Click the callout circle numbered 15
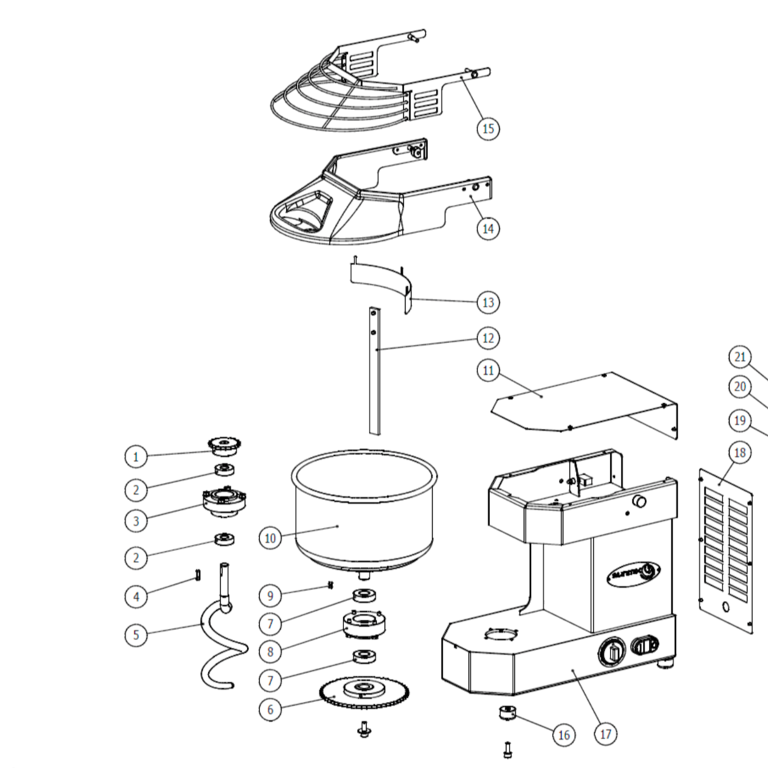488,128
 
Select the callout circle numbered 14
488,229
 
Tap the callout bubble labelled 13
488,302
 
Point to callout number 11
488,371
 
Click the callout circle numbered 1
136,457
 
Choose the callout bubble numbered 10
270,538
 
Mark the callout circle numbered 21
740,358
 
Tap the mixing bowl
364,510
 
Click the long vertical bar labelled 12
375,372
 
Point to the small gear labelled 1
225,446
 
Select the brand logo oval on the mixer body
634,571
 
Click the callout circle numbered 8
270,651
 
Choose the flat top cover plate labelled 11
576,402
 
